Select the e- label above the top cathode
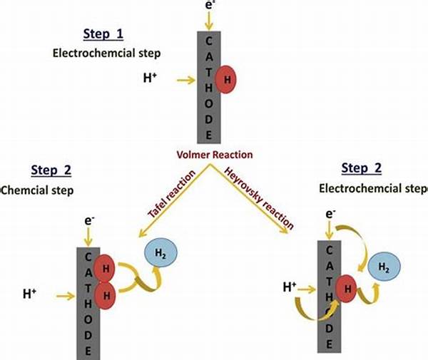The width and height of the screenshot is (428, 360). tap(209, 5)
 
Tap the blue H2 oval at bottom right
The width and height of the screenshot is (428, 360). tap(382, 267)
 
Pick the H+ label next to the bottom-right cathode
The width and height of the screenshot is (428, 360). tap(290, 287)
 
